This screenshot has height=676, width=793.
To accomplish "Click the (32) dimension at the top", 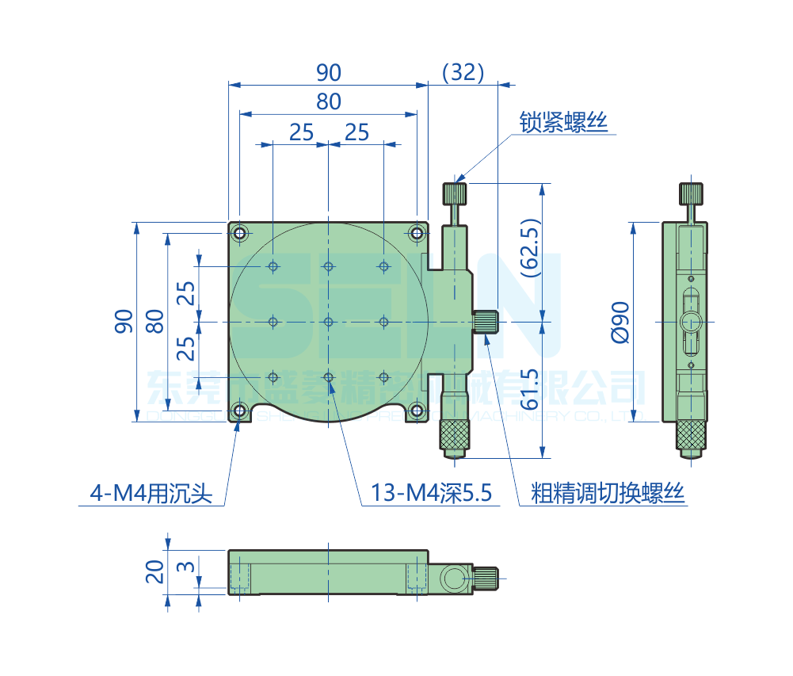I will coord(463,72).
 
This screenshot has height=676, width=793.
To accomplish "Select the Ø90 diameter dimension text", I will coord(620,322).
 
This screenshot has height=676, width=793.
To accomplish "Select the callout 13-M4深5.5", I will coord(432,494).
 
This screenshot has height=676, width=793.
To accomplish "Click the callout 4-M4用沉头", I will coord(151,494).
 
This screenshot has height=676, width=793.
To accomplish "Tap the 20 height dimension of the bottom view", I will coord(155,571).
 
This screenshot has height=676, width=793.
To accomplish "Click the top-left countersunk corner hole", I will coord(239,233).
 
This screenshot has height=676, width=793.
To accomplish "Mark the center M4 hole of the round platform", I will coord(328,322).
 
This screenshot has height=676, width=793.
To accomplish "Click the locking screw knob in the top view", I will coord(455,193).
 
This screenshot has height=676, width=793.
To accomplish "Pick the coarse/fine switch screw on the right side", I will coord(486,322).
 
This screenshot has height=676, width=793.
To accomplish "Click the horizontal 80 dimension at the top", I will coord(328,101).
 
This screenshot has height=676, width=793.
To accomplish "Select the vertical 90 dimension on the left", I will coord(124,322).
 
